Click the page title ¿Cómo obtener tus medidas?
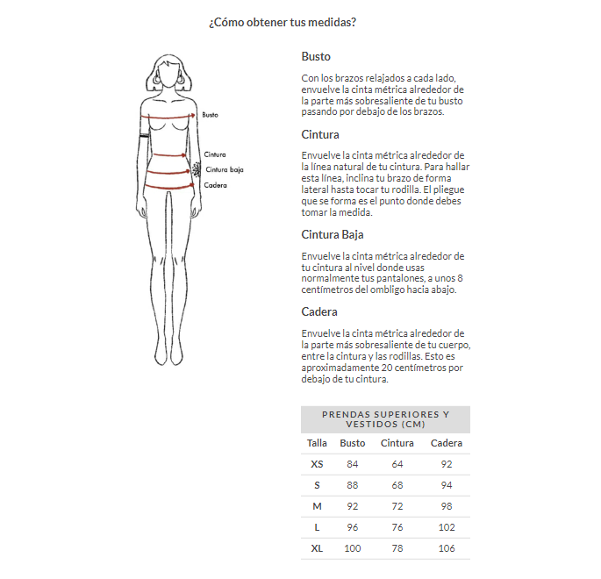point(282,22)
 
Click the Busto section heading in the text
point(316,56)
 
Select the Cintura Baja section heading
point(332,234)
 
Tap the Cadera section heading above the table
point(319,311)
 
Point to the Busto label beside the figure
point(210,115)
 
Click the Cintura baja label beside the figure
point(224,169)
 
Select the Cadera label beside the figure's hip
point(215,185)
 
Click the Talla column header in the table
point(317,443)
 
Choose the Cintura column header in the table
point(397,443)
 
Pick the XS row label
point(317,464)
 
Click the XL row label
point(317,548)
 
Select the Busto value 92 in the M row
point(353,506)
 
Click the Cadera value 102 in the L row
point(447,527)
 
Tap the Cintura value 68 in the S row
point(397,485)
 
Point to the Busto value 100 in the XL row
point(353,548)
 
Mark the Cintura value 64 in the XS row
point(397,464)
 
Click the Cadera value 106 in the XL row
point(447,548)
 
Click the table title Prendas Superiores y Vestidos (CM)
point(385,419)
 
